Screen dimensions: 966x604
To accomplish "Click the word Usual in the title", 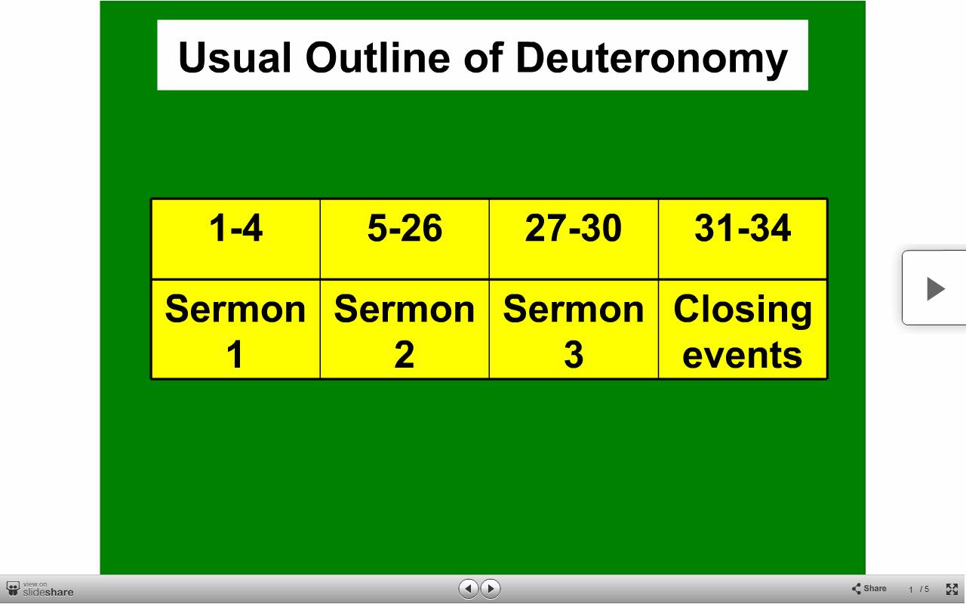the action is (x=235, y=57).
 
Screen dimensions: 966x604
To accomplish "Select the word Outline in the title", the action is (x=378, y=57).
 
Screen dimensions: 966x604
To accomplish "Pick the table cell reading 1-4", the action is (x=236, y=239).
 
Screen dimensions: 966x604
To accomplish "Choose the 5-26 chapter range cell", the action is (x=405, y=239).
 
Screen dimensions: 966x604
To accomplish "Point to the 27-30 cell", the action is (x=574, y=239).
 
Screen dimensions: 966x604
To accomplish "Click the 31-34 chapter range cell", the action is (x=743, y=239).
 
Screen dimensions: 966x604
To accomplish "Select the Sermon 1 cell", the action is (x=236, y=329).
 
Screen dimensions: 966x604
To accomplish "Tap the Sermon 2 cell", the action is (x=405, y=329).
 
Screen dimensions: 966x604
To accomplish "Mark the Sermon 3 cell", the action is (x=574, y=329).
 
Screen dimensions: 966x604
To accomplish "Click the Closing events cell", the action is (x=743, y=329).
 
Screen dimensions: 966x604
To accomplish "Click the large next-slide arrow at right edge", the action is (x=935, y=288).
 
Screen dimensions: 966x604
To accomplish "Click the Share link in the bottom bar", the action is (x=869, y=588).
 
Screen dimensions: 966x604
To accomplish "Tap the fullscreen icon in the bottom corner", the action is (x=952, y=589).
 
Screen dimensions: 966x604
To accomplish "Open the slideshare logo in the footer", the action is (x=40, y=589).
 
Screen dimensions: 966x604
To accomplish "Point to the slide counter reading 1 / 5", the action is (x=918, y=590).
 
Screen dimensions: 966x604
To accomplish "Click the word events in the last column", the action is (x=742, y=356).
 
